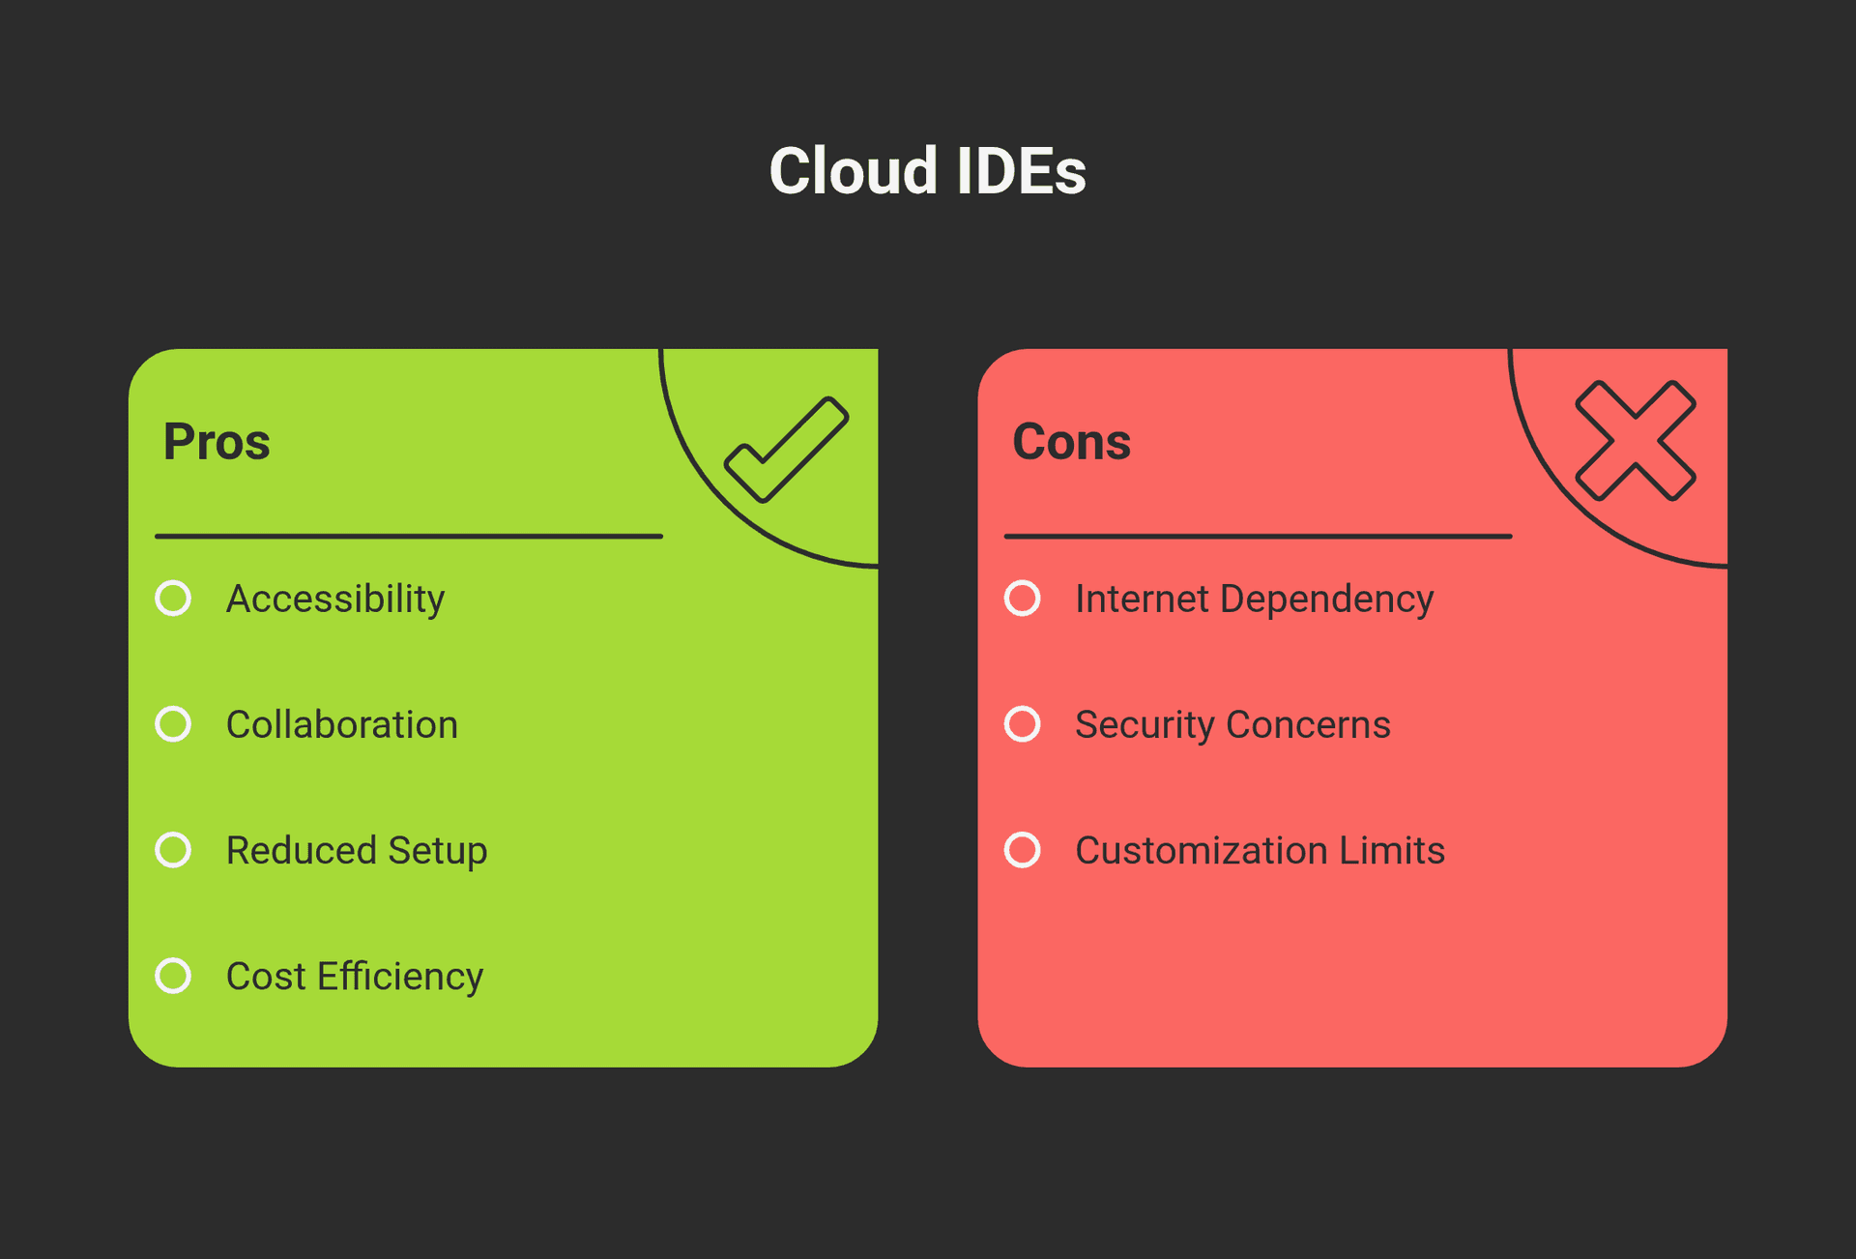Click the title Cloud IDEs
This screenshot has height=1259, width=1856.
[927, 171]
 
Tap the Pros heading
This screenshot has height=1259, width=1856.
[217, 442]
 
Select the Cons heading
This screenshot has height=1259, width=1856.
[1071, 442]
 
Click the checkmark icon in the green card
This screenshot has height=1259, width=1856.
[787, 450]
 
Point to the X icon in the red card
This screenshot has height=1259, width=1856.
[1636, 441]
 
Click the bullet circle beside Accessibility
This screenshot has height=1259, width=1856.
[174, 599]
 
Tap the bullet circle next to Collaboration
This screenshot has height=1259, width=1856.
[174, 724]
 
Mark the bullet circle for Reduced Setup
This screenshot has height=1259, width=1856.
[174, 850]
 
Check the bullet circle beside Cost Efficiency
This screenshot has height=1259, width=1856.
[174, 976]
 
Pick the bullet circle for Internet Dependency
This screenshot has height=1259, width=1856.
[1023, 599]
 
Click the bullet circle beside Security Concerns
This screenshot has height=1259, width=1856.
[1023, 724]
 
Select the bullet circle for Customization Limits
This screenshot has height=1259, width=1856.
[1023, 850]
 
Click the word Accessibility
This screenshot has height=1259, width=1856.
[335, 600]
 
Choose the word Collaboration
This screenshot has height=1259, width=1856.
[342, 725]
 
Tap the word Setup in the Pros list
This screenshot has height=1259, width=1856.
[438, 851]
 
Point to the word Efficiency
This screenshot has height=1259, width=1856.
[400, 977]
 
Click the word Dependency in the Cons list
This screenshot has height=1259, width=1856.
[1326, 600]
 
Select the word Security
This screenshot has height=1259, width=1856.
[1145, 725]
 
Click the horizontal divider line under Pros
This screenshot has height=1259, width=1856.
[409, 536]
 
